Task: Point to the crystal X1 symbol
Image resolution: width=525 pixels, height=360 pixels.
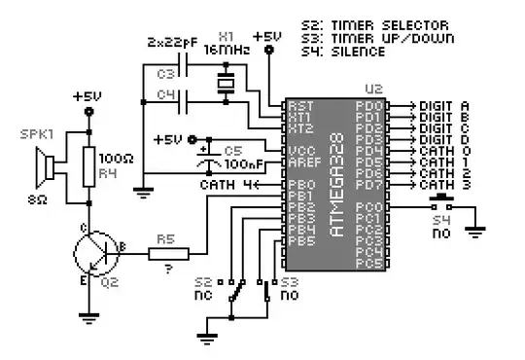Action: pyautogui.click(x=226, y=85)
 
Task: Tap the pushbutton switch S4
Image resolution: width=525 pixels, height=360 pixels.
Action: pyautogui.click(x=445, y=205)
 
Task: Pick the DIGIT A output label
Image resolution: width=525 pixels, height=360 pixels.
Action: pyautogui.click(x=443, y=106)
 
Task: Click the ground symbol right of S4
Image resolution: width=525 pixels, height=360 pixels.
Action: pyautogui.click(x=475, y=231)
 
